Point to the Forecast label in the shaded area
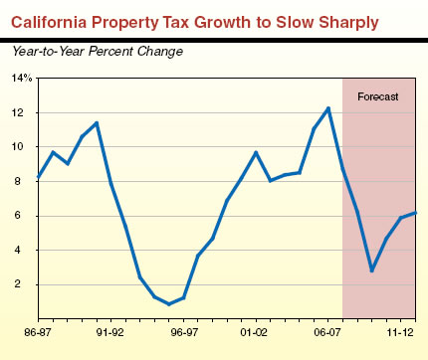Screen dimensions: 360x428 click(x=377, y=96)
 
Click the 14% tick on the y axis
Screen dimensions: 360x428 click(x=22, y=78)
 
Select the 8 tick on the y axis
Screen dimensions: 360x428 click(x=25, y=181)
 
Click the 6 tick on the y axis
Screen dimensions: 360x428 click(x=25, y=216)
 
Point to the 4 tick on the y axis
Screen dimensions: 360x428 click(x=25, y=250)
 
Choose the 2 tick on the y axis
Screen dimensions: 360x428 click(x=25, y=284)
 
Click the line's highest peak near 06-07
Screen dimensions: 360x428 click(x=328, y=107)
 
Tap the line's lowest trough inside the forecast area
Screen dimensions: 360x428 click(x=371, y=270)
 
